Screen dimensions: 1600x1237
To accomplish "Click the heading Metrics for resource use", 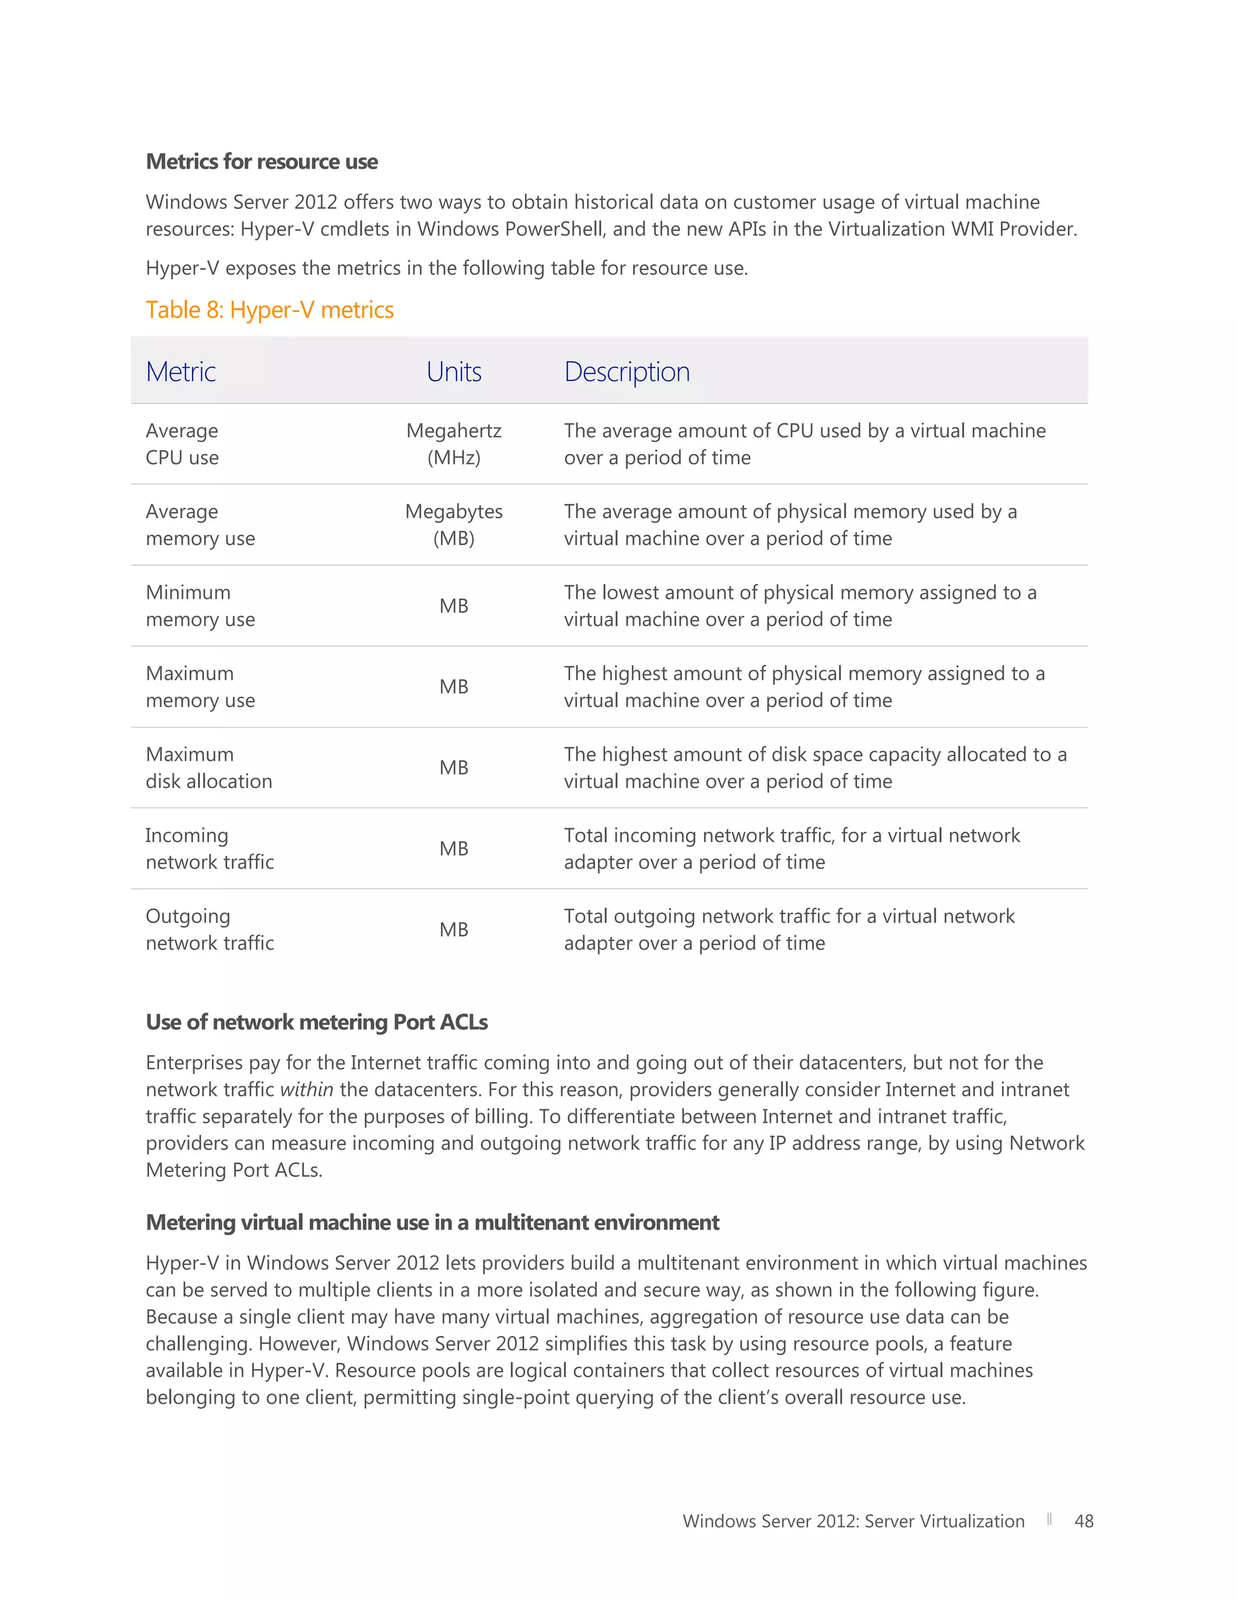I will click(x=262, y=161).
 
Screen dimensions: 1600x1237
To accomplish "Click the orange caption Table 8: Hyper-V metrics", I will click(x=269, y=310).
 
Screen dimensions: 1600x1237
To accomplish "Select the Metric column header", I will click(x=180, y=372).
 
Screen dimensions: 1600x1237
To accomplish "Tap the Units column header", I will click(x=454, y=372).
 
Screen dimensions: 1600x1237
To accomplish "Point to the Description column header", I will click(x=626, y=372).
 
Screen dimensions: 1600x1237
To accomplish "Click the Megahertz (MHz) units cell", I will click(x=454, y=444).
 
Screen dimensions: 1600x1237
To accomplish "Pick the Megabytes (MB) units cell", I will click(x=454, y=525).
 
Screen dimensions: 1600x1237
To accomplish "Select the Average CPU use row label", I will click(x=182, y=444).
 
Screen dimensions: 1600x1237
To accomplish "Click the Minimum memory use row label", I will click(x=200, y=606).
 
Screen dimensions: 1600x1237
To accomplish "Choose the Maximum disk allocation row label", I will click(x=208, y=768).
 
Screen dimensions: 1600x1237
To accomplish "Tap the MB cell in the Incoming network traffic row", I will click(x=454, y=848).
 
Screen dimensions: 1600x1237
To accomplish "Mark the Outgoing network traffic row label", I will click(x=210, y=930).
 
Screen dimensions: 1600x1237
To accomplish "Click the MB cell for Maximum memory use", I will click(x=454, y=686).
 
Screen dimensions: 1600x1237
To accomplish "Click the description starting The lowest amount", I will click(x=800, y=606).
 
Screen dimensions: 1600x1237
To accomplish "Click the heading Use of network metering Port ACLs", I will click(x=316, y=1022).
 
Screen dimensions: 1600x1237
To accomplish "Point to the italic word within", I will click(x=306, y=1090).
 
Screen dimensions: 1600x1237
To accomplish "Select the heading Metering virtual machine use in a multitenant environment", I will click(x=432, y=1222).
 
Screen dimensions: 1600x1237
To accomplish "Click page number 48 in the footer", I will click(x=1083, y=1521).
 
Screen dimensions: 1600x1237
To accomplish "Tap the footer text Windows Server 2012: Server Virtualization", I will click(x=853, y=1521).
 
